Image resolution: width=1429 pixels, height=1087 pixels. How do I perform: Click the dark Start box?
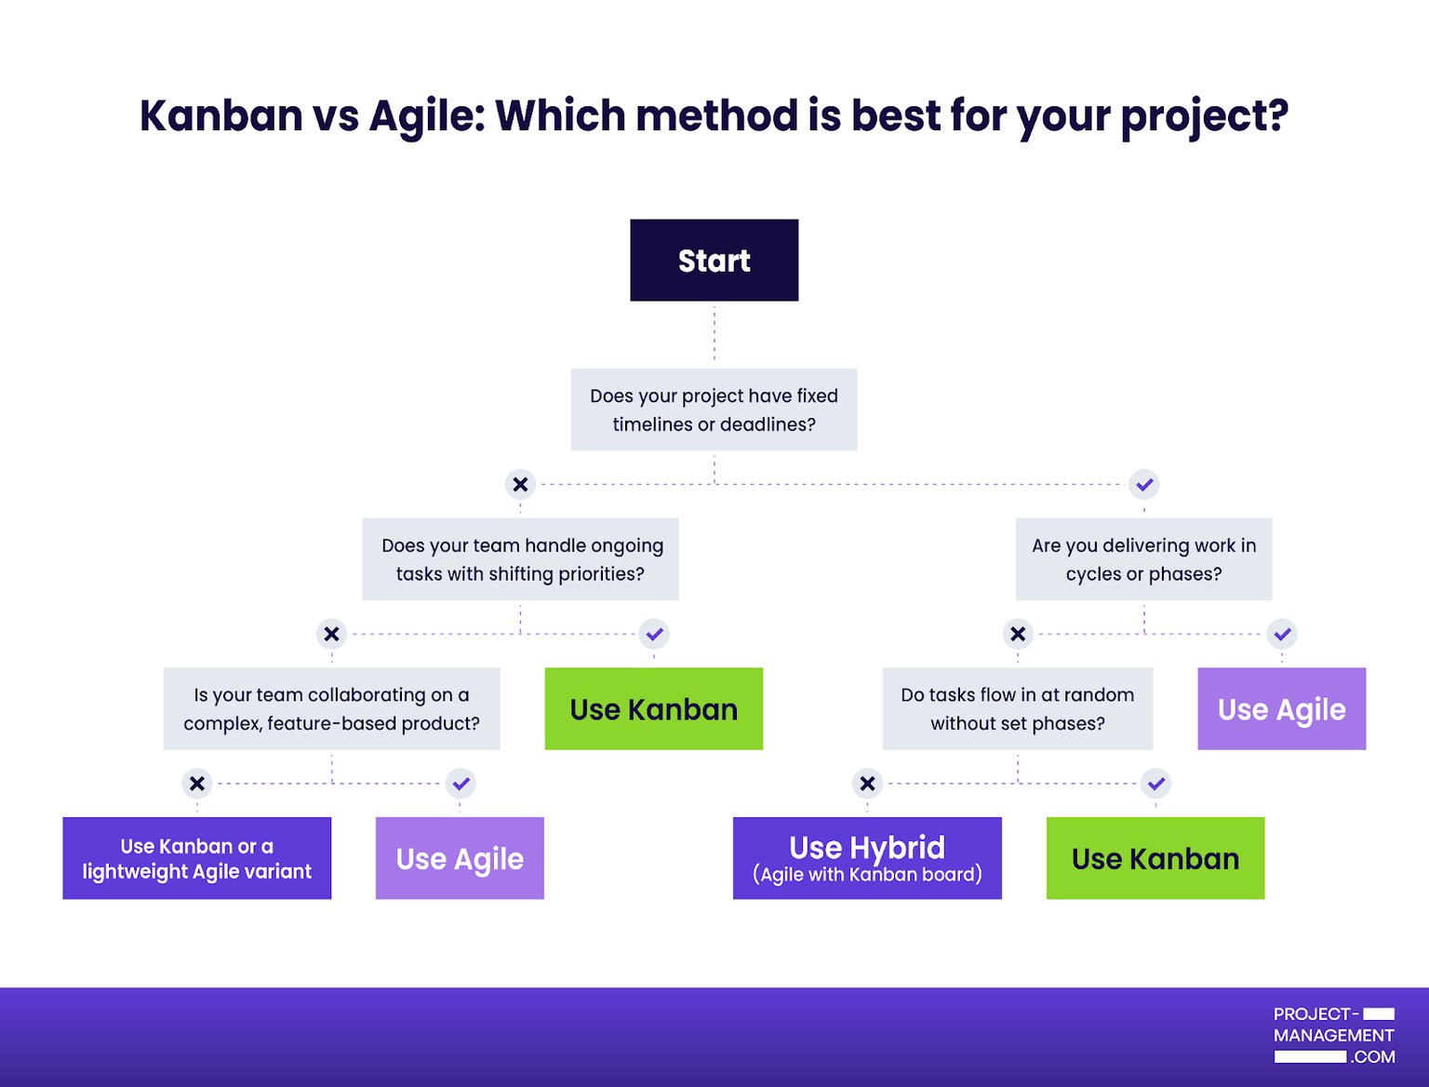point(714,261)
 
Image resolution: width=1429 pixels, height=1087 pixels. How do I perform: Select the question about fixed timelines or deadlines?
point(714,409)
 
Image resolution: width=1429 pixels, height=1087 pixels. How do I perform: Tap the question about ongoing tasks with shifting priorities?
point(520,559)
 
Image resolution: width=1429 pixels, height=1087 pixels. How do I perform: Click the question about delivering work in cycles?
point(1143,559)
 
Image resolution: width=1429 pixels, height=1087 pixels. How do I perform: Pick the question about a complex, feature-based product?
point(331,708)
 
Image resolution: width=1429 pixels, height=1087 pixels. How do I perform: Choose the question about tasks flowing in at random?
point(1017,708)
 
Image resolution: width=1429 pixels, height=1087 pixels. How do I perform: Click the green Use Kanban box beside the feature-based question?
point(653,709)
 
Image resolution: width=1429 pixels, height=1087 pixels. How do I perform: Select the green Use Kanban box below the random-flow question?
point(1155,858)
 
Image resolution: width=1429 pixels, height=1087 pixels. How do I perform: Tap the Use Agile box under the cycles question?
point(1281,709)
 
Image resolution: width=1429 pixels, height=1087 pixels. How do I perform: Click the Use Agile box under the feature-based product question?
point(460,858)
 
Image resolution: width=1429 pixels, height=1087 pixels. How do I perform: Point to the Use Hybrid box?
point(867,858)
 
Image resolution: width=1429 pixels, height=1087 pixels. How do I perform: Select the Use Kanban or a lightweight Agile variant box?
point(196,858)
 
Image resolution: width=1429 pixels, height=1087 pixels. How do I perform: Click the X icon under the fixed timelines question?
point(520,484)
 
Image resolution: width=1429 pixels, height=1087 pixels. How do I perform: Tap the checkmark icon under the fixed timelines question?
point(1143,484)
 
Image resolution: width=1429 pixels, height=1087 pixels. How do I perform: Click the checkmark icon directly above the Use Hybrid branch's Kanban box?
point(1155,784)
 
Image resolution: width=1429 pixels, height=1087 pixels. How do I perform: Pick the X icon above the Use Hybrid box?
point(867,784)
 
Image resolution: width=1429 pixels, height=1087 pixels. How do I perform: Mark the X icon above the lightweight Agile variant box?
point(196,784)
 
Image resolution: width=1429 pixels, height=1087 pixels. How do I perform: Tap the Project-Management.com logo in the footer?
point(1333,1035)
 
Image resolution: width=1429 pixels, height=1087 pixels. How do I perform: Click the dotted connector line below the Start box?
point(714,333)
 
